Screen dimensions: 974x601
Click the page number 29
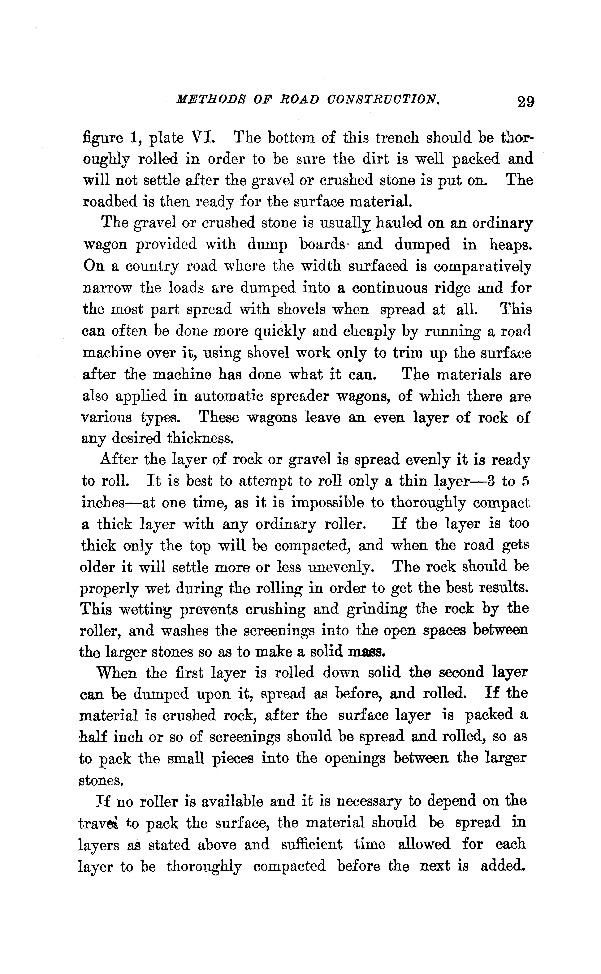pyautogui.click(x=525, y=102)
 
